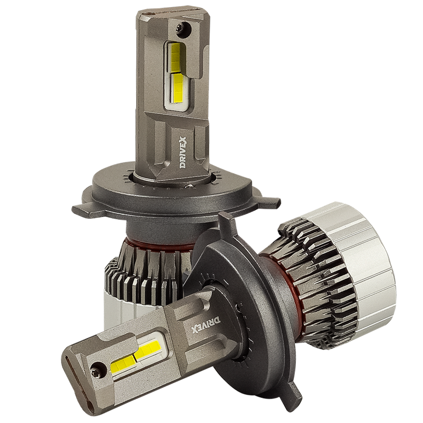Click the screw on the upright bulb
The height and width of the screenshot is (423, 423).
(x=184, y=29)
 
